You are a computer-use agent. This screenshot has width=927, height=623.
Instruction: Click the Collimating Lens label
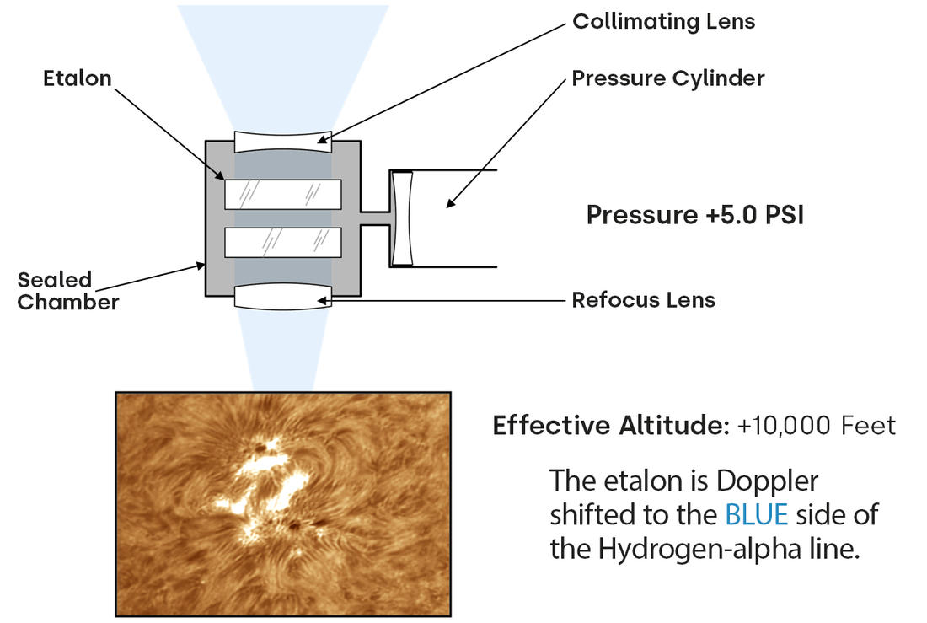pyautogui.click(x=663, y=21)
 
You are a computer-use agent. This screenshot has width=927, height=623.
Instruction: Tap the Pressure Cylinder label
pyautogui.click(x=667, y=78)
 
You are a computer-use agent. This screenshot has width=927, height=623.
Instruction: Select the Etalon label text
pyautogui.click(x=78, y=78)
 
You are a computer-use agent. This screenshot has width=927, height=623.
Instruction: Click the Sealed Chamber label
pyautogui.click(x=67, y=291)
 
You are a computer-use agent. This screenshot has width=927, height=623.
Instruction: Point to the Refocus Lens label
pyautogui.click(x=643, y=299)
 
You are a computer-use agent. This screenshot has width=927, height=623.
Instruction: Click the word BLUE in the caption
pyautogui.click(x=756, y=515)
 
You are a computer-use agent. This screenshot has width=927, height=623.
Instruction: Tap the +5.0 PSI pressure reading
pyautogui.click(x=754, y=215)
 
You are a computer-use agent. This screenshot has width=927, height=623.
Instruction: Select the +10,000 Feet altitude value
pyautogui.click(x=816, y=426)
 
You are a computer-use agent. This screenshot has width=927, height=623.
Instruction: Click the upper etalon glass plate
pyautogui.click(x=282, y=194)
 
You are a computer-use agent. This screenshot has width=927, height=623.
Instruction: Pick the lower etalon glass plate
pyautogui.click(x=282, y=243)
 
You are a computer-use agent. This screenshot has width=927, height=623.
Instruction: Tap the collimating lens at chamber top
pyautogui.click(x=282, y=141)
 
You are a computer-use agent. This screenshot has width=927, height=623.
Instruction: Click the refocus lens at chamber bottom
pyautogui.click(x=282, y=297)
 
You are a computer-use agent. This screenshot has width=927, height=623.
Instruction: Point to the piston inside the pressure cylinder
pyautogui.click(x=402, y=218)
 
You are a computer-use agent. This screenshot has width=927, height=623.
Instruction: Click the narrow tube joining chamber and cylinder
pyautogui.click(x=376, y=218)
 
